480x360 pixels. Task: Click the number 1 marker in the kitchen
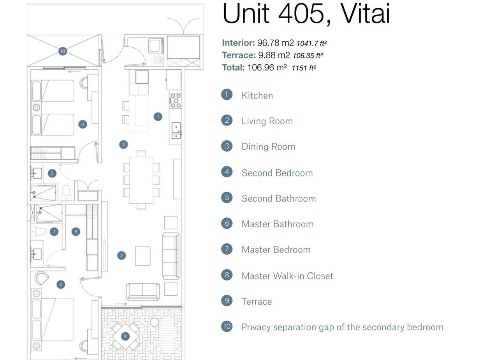pyautogui.click(x=158, y=116)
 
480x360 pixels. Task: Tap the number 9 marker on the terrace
pyautogui.click(x=125, y=336)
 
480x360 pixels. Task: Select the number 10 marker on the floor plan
pyautogui.click(x=63, y=51)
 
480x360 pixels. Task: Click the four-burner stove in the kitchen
pyautogui.click(x=176, y=100)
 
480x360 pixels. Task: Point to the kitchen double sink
pyautogui.click(x=176, y=130)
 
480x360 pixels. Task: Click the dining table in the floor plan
pyautogui.click(x=141, y=180)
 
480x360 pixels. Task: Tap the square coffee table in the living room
pyautogui.click(x=143, y=256)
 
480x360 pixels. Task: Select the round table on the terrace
pyautogui.click(x=155, y=322)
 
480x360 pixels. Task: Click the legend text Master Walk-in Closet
pyautogui.click(x=287, y=276)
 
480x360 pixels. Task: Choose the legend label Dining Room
pyautogui.click(x=268, y=146)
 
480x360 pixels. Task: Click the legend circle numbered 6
pyautogui.click(x=227, y=223)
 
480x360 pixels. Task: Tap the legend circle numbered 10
pyautogui.click(x=227, y=326)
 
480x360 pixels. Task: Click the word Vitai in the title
pyautogui.click(x=365, y=14)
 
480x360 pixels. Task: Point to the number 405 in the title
pyautogui.click(x=301, y=14)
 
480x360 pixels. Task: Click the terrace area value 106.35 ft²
pyautogui.click(x=308, y=56)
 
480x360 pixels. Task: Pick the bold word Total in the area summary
pyautogui.click(x=233, y=67)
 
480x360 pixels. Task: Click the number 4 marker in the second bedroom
pyautogui.click(x=83, y=124)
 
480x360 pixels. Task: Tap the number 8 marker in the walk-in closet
pyautogui.click(x=76, y=232)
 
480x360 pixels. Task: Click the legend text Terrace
pyautogui.click(x=257, y=302)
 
